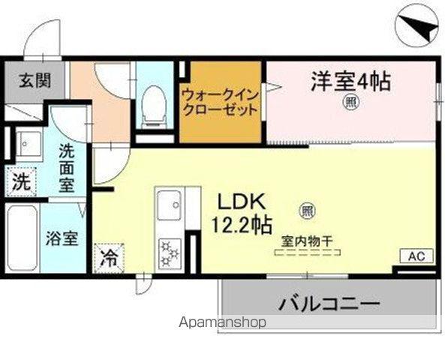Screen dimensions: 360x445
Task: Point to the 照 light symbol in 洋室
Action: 350,102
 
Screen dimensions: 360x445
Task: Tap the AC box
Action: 416,256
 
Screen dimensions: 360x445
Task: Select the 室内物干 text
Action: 308,241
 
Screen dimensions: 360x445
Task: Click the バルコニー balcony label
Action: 330,304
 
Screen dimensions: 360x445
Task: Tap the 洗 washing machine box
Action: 23,181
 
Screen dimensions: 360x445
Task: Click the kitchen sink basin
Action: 170,203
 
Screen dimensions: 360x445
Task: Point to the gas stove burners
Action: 170,252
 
